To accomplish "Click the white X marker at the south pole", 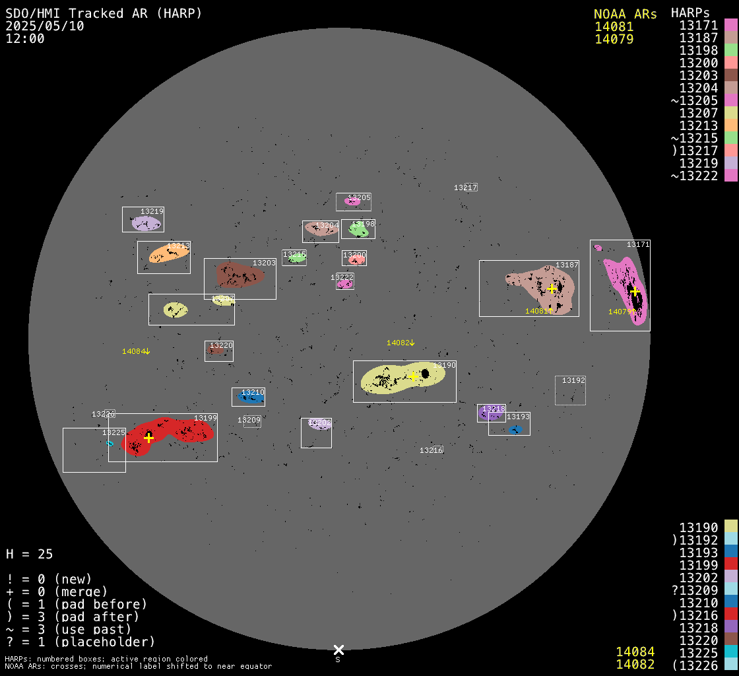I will click(x=338, y=650).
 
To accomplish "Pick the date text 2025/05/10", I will click(x=46, y=26).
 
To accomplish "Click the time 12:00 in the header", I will click(x=25, y=38).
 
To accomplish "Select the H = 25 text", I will click(x=30, y=554).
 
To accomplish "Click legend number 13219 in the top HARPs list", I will click(x=699, y=162).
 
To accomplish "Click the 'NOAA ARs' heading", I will click(x=625, y=14).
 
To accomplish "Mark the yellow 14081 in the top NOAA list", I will click(x=614, y=26).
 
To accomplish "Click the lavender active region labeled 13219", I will click(x=145, y=223).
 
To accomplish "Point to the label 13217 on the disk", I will click(x=465, y=187).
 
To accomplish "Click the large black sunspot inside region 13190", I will click(x=425, y=374).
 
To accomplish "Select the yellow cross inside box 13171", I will click(x=635, y=291).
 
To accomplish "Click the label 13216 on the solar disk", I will click(x=431, y=450).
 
